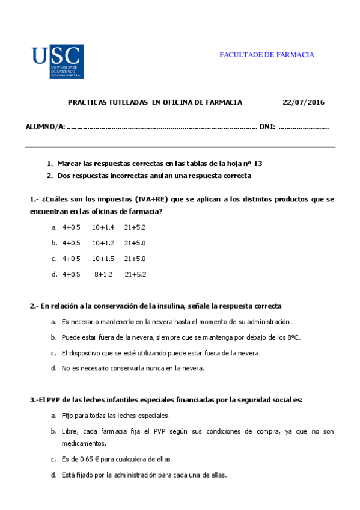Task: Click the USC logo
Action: (58, 61)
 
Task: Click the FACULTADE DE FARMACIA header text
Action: (266, 55)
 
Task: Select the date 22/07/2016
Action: (303, 102)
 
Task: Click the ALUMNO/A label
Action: (44, 127)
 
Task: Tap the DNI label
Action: (267, 127)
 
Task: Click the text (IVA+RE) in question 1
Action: (151, 199)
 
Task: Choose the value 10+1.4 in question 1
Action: (103, 227)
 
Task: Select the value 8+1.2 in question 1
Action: (103, 274)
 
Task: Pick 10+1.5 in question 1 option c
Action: (103, 259)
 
